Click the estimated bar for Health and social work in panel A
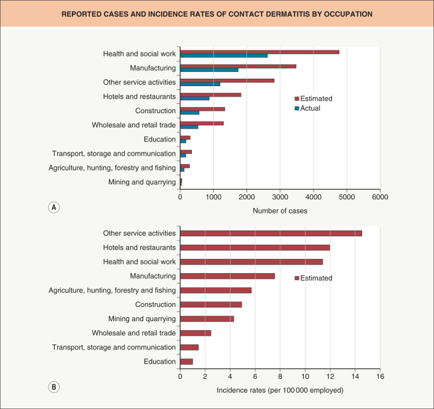(259, 52)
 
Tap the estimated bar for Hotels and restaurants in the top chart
(210, 95)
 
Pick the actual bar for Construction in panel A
(189, 113)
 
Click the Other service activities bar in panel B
(270, 233)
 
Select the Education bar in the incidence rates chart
(186, 362)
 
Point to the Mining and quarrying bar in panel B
(207, 319)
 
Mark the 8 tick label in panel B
(280, 376)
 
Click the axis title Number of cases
(280, 211)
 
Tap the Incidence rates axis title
(280, 390)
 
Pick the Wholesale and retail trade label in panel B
(134, 333)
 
